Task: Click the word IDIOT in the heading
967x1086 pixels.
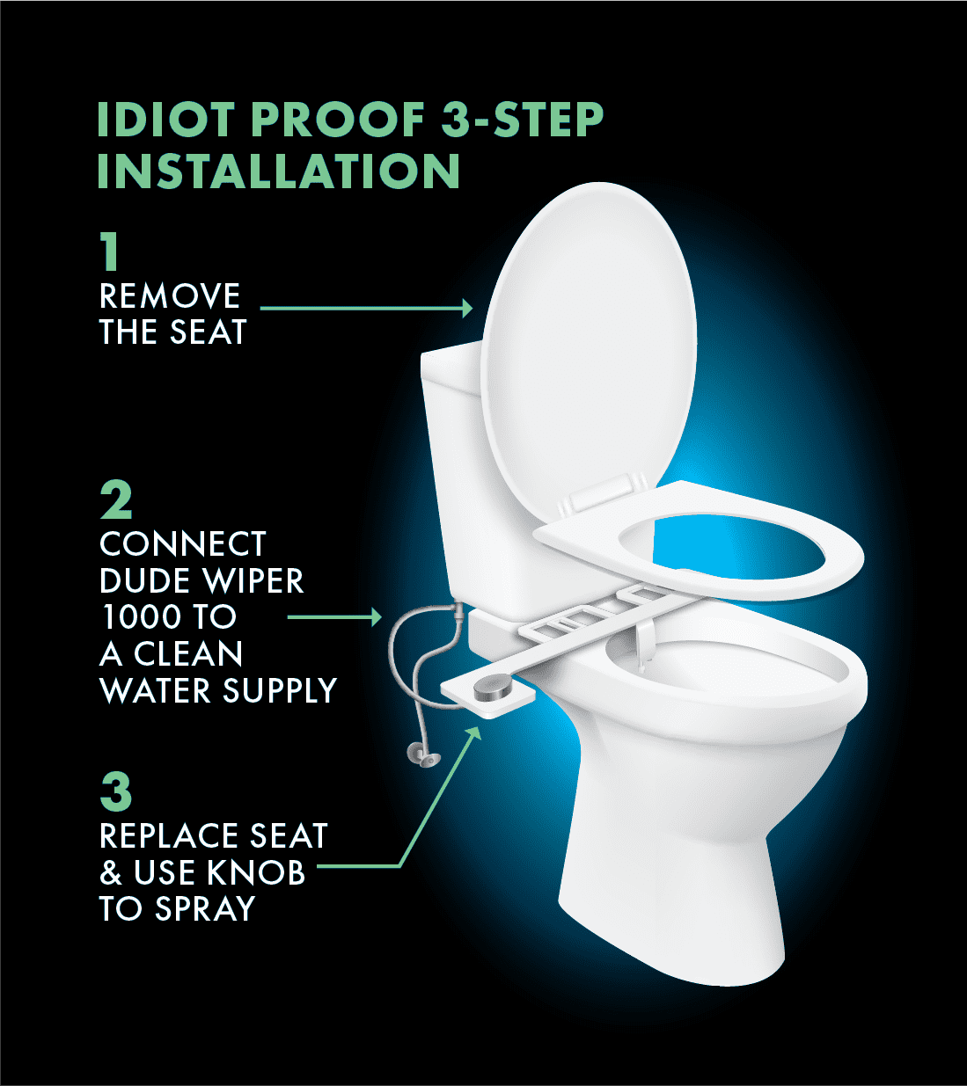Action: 167,119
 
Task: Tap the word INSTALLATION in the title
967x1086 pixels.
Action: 278,171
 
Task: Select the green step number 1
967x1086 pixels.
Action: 110,251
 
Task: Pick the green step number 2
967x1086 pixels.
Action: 116,500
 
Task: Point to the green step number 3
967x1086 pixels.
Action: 116,791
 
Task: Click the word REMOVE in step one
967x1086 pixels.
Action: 170,295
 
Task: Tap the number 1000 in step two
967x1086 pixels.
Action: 138,617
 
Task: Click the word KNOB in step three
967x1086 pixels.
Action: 256,872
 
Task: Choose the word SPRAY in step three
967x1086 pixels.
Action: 205,908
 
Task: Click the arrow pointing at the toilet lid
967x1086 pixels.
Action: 366,309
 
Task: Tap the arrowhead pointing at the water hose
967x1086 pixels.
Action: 375,617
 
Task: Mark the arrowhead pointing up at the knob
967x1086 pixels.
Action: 473,734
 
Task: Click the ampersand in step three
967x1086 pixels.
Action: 111,872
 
